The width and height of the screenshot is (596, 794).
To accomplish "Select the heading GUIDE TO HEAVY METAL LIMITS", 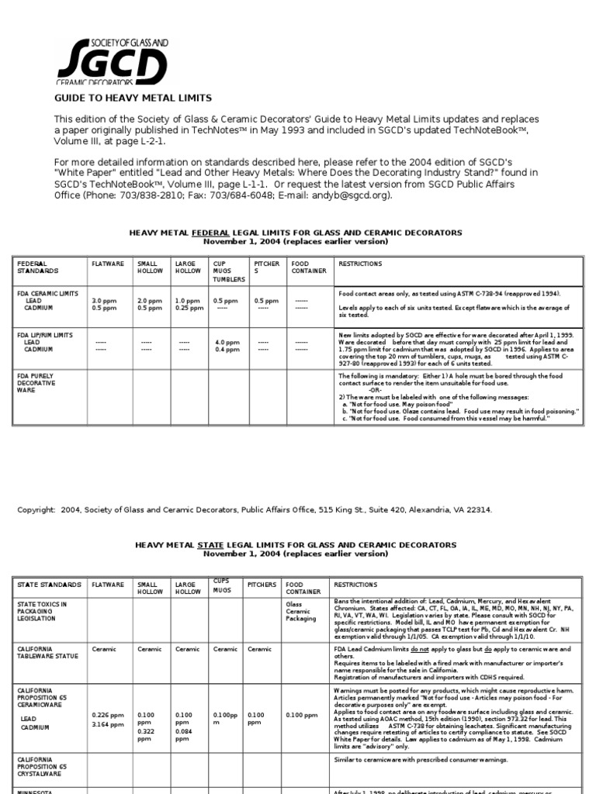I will click(131, 98).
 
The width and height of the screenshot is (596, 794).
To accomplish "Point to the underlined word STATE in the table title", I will click(212, 545).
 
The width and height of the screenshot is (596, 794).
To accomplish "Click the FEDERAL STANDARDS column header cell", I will click(39, 268).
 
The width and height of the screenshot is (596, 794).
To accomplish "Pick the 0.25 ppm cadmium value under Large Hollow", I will click(188, 307).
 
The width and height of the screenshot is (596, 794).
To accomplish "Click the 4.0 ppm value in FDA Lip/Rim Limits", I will click(227, 342).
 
